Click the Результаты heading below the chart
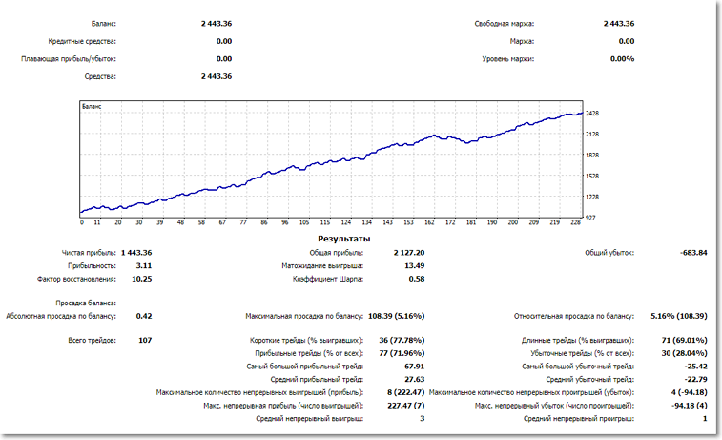point(346,238)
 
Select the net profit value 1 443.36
point(136,253)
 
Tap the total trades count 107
point(144,340)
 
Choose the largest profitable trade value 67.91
point(413,366)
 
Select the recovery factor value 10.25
point(141,280)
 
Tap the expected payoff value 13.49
point(413,266)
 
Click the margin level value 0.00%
point(622,59)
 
